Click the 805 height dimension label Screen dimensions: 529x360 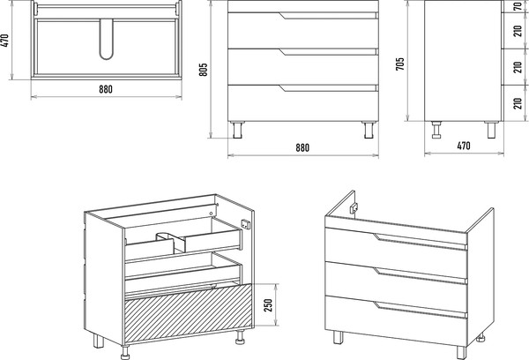tap(203, 69)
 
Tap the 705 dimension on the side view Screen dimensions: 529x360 tap(399, 64)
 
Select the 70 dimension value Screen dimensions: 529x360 tap(518, 6)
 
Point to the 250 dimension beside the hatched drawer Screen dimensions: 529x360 tap(267, 305)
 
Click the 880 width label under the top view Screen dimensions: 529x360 tap(106, 89)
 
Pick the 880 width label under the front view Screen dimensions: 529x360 tap(302, 147)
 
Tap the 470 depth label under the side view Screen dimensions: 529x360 tap(464, 146)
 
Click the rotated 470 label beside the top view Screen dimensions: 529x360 tap(6, 40)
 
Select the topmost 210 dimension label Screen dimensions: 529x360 tap(518, 31)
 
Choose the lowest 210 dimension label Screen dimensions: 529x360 tap(518, 103)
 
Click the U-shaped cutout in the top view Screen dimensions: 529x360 tap(107, 39)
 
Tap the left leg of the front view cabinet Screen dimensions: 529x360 tap(238, 130)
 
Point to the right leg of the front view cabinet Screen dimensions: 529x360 tap(369, 130)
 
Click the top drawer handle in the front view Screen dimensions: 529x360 tap(328, 16)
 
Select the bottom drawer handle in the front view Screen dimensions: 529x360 tap(328, 88)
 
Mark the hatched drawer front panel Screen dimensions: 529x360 tap(189, 312)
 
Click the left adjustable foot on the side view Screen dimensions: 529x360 tap(436, 130)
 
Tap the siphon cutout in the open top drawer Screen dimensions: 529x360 tap(171, 242)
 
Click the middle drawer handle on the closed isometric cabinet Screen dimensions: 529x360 tap(420, 275)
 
